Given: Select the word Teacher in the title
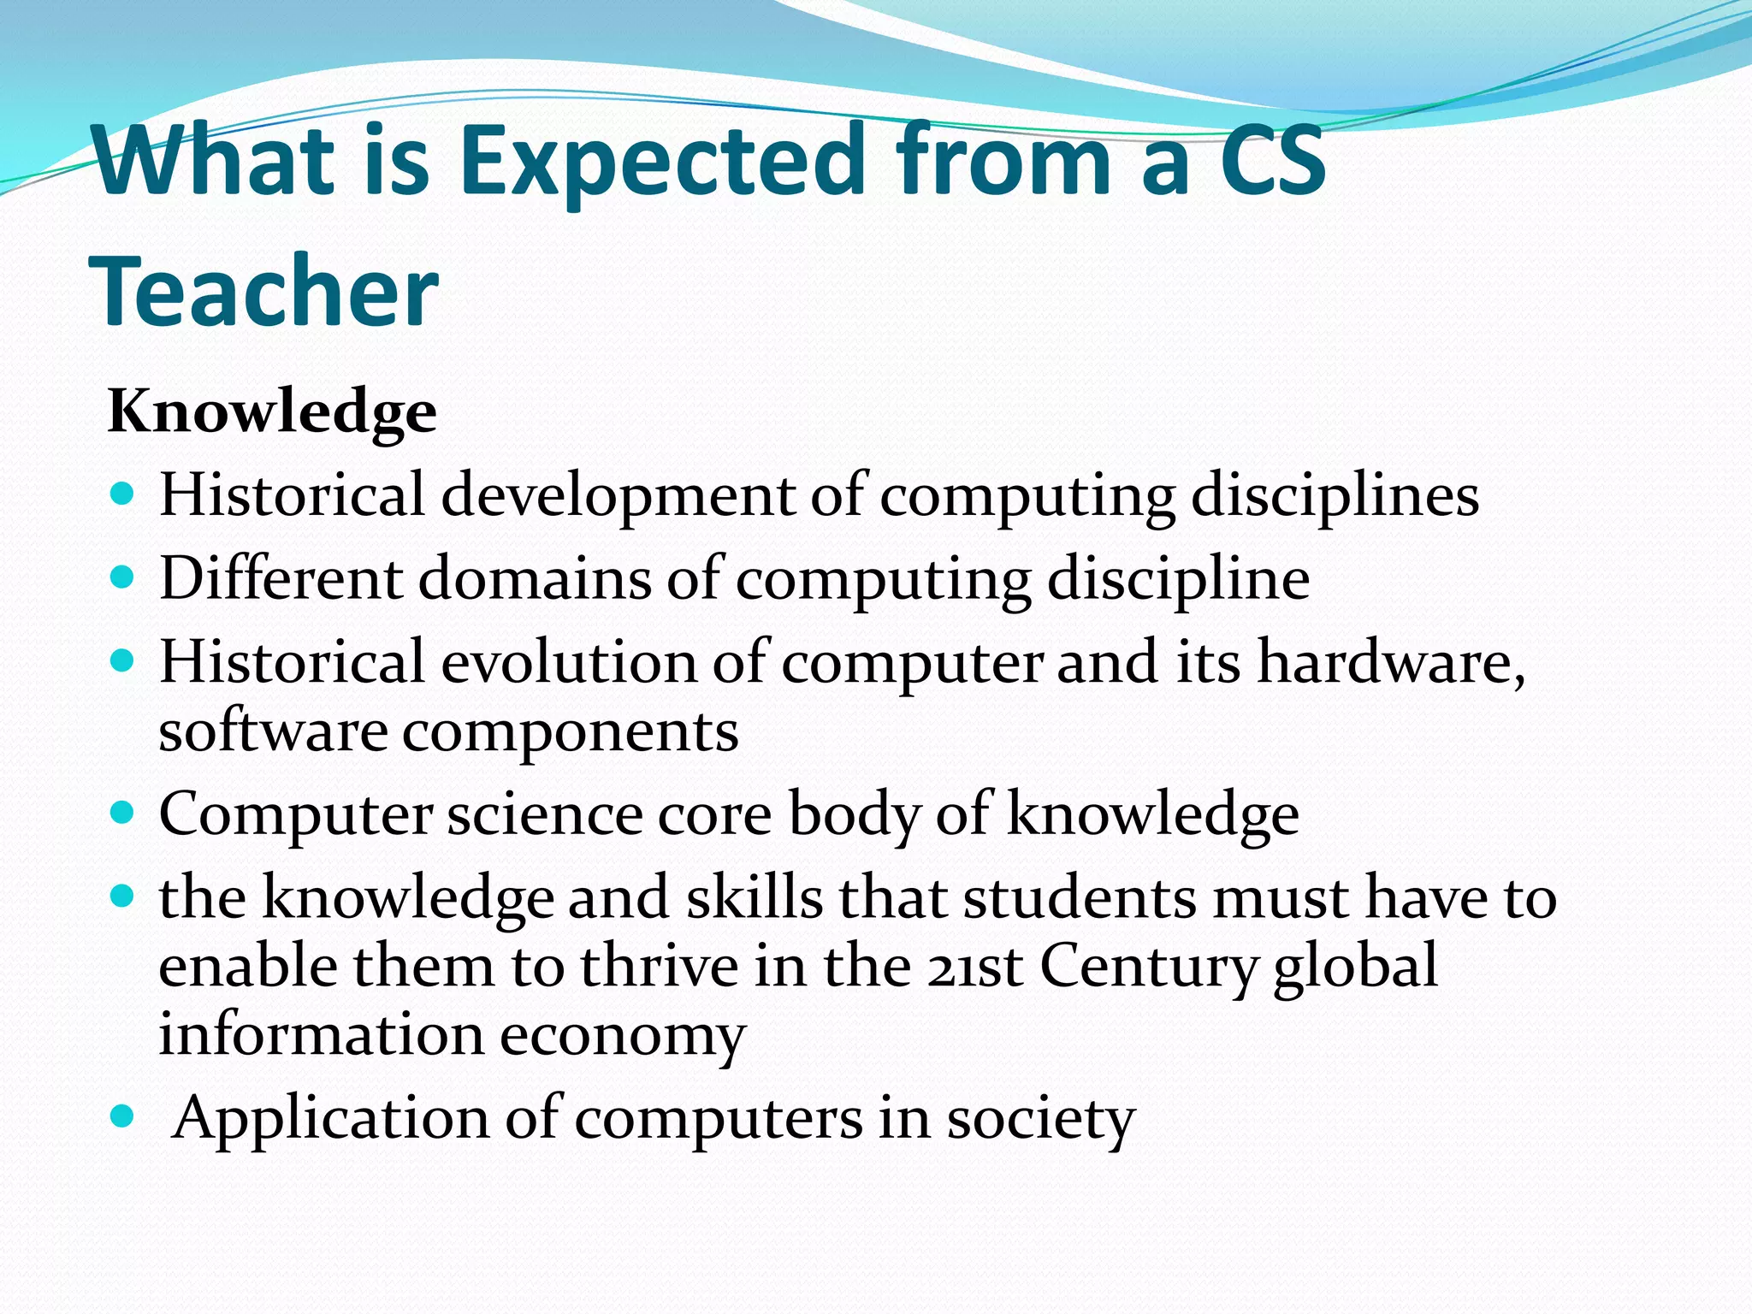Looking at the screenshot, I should [264, 291].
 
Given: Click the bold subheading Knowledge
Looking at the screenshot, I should [272, 412].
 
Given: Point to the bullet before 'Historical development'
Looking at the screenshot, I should [123, 494].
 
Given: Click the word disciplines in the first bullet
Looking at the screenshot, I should [1335, 496].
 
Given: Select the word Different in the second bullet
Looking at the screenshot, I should [281, 578].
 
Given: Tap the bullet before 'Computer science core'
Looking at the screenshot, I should [123, 810].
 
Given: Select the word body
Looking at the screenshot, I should [853, 814].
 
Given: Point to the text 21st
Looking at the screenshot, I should [975, 967].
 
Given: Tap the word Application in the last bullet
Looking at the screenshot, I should [330, 1119].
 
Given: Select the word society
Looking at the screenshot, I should [1040, 1119].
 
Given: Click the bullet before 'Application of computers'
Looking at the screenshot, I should [123, 1116].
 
